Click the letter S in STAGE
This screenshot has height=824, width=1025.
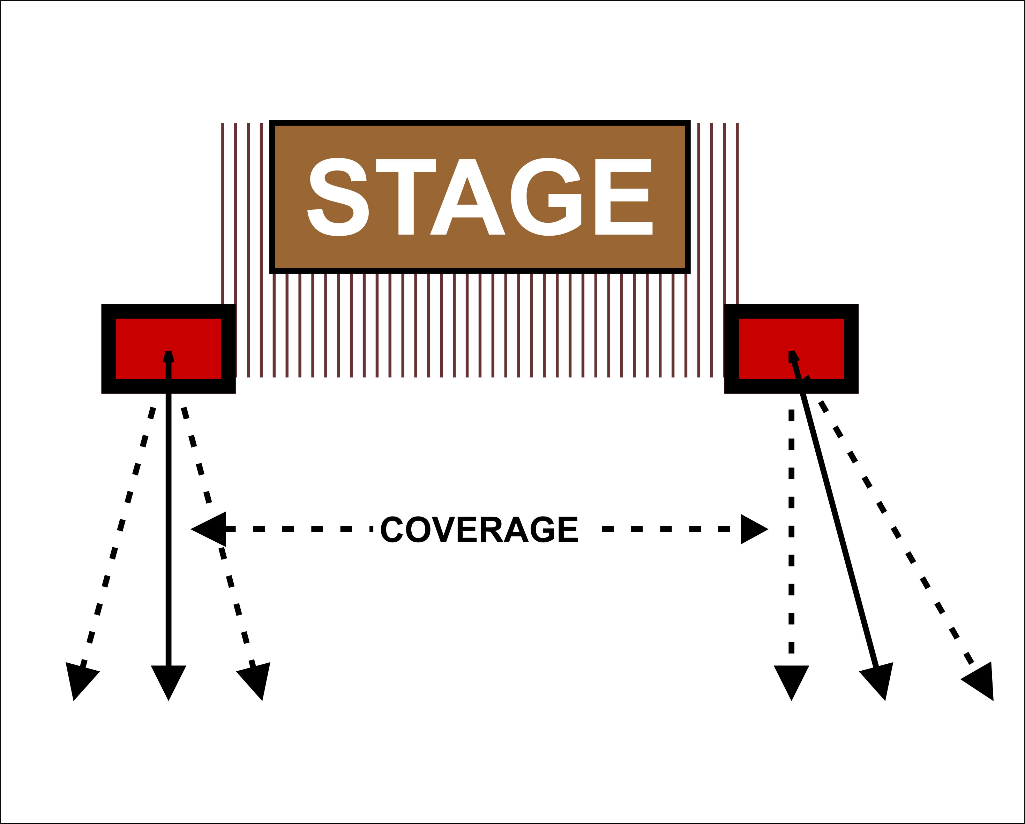point(338,197)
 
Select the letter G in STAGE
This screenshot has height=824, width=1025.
point(546,197)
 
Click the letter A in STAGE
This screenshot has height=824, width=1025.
point(467,197)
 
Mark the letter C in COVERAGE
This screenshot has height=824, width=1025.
point(392,529)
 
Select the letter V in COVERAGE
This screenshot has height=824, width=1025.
point(443,529)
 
